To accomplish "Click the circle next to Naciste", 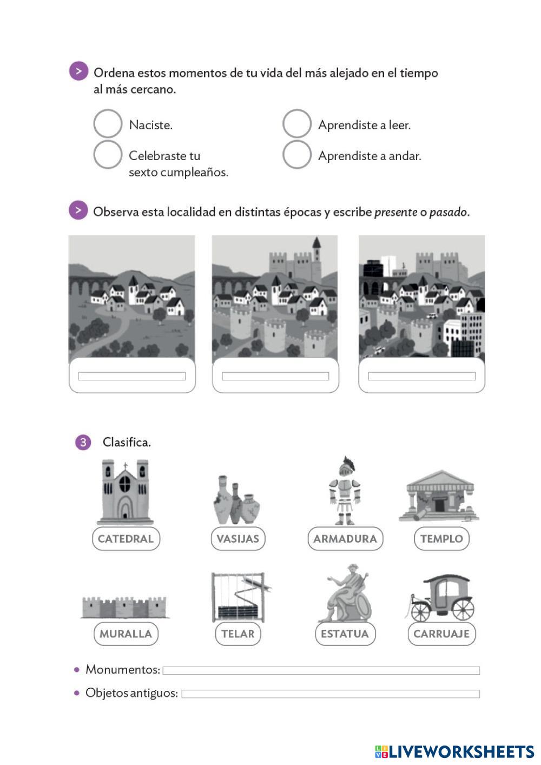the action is click(x=108, y=124).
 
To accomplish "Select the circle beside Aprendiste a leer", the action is click(x=296, y=124).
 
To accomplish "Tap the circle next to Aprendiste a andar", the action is click(x=296, y=155).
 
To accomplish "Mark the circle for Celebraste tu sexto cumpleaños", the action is click(x=108, y=155).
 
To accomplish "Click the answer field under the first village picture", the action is click(x=132, y=376).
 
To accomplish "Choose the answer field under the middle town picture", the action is click(x=275, y=376).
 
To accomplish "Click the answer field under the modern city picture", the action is click(x=421, y=376).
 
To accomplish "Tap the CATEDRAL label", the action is click(x=126, y=539).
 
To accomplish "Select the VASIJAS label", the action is click(x=237, y=539).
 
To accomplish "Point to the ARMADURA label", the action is click(x=345, y=539).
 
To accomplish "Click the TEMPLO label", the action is click(x=441, y=539).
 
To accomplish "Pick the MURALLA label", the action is click(x=126, y=634).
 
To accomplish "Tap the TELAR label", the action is click(x=237, y=634).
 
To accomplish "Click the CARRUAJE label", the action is click(x=441, y=634).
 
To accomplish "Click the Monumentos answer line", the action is click(x=321, y=671).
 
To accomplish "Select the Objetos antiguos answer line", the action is click(x=331, y=694).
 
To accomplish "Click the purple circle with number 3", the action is click(x=83, y=443).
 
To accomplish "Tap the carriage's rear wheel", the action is click(x=463, y=609).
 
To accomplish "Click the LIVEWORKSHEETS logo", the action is click(x=454, y=751).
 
